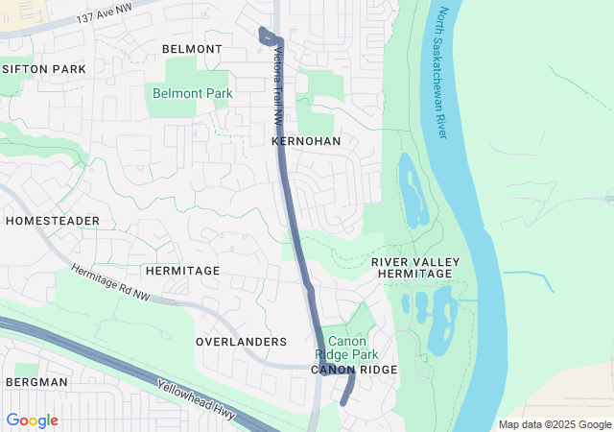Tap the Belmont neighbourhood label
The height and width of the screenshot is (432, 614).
tap(192, 49)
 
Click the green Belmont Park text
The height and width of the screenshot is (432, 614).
tap(192, 93)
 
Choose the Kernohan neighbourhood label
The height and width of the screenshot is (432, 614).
tap(306, 141)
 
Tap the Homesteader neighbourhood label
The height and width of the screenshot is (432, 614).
tap(52, 221)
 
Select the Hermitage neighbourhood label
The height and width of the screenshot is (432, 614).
tap(182, 272)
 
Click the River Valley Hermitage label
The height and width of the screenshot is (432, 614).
tap(415, 268)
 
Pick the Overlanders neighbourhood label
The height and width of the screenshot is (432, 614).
tap(241, 342)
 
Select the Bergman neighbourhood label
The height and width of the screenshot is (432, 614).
tap(36, 382)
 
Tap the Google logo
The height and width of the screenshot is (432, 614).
tap(32, 420)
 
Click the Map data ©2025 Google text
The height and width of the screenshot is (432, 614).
tap(553, 425)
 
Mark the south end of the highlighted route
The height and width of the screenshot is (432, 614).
tap(342, 403)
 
